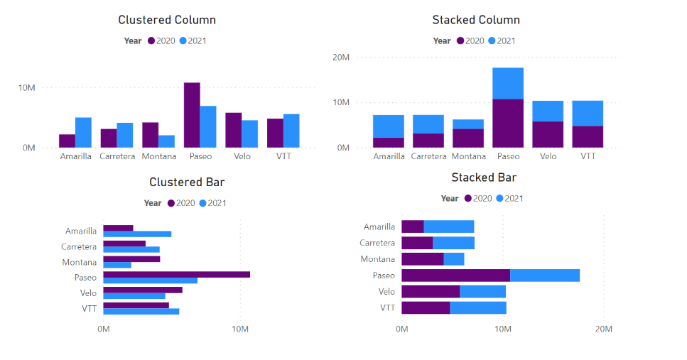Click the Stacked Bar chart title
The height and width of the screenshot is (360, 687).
click(x=483, y=178)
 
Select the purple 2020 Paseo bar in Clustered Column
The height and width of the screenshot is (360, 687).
click(x=192, y=115)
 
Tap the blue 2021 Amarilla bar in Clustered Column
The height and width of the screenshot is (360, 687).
click(x=83, y=133)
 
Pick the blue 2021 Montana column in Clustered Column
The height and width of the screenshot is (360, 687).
click(x=166, y=141)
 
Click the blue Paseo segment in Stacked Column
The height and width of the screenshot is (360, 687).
click(x=508, y=84)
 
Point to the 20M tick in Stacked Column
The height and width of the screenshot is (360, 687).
click(x=341, y=57)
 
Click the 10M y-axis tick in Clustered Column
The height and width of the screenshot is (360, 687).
click(x=27, y=88)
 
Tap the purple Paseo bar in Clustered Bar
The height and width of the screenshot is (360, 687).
click(x=176, y=274)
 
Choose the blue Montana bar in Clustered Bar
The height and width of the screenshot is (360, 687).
click(x=117, y=266)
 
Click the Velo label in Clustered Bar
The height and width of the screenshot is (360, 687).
click(x=88, y=293)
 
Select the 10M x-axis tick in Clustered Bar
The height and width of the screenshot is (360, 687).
click(x=240, y=329)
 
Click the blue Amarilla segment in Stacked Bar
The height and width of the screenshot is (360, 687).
click(x=449, y=227)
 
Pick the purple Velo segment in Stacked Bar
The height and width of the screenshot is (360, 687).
click(x=431, y=291)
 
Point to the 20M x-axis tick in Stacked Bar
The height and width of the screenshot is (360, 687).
click(x=603, y=329)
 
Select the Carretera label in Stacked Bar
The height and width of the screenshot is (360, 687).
click(x=377, y=243)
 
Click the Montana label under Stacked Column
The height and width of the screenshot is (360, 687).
click(x=468, y=156)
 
